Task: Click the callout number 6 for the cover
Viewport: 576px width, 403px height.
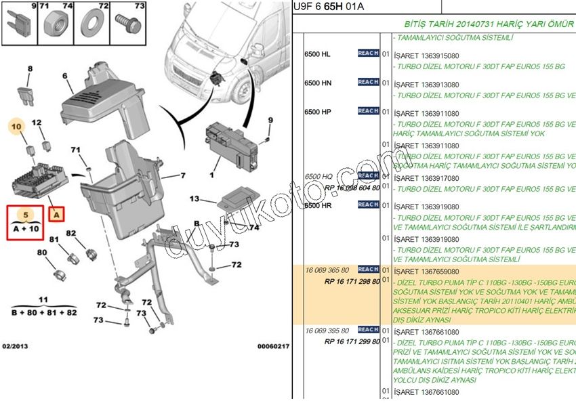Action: point(65,77)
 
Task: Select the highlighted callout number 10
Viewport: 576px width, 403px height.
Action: point(18,125)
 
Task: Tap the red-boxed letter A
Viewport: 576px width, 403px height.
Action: point(57,215)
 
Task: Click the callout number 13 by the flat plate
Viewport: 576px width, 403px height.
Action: point(194,199)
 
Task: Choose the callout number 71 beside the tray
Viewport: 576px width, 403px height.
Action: point(75,150)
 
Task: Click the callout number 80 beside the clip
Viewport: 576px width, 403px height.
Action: point(42,253)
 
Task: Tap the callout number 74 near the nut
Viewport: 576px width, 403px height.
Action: point(253,228)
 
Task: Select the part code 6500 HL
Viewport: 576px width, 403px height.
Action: point(317,54)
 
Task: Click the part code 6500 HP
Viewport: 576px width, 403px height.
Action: point(317,112)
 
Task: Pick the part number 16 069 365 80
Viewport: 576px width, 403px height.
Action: point(327,270)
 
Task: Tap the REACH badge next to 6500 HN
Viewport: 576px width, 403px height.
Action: point(368,82)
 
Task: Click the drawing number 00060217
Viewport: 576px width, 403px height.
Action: point(273,346)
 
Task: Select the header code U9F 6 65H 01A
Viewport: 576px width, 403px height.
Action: point(327,7)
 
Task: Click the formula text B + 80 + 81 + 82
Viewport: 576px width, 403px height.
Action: point(43,314)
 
